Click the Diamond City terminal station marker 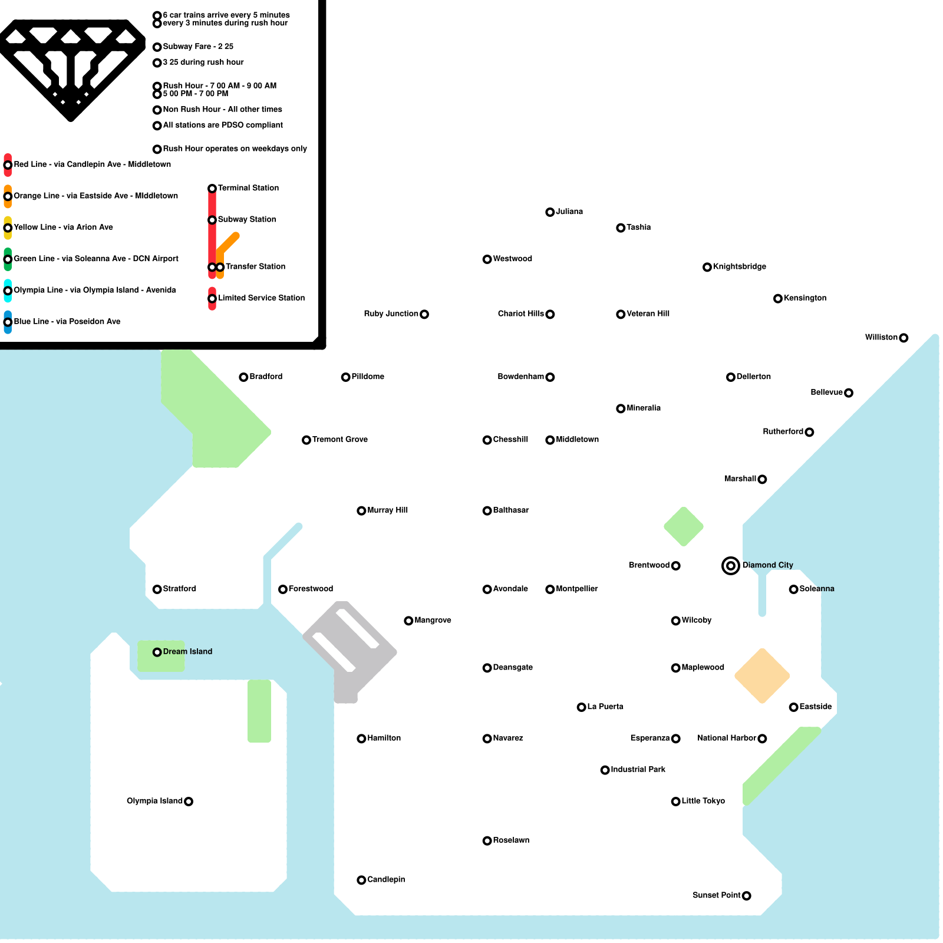click(731, 566)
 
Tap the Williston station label click(881, 337)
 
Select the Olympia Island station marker click(189, 802)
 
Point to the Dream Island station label click(187, 651)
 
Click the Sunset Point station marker click(747, 896)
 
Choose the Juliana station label click(569, 212)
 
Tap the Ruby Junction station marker click(424, 314)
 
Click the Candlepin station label click(386, 879)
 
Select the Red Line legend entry click(92, 164)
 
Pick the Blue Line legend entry click(67, 321)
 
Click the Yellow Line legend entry click(63, 227)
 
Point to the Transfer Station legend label click(255, 266)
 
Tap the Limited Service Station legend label click(261, 298)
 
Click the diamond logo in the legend click(71, 68)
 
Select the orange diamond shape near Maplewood click(762, 676)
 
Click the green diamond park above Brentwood click(684, 526)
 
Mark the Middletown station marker click(550, 440)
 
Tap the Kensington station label click(805, 298)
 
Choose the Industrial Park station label click(638, 769)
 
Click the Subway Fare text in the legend click(198, 47)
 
